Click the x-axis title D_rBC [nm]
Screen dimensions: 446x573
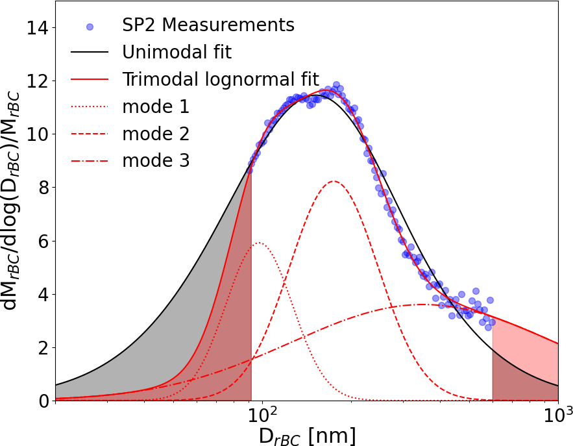pyautogui.click(x=307, y=436)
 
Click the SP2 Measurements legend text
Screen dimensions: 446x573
pyautogui.click(x=208, y=25)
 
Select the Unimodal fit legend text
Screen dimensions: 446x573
pyautogui.click(x=177, y=52)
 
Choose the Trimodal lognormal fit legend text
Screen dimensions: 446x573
pyautogui.click(x=220, y=79)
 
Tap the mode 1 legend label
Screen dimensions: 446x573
pyautogui.click(x=156, y=106)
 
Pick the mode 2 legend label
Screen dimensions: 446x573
pyautogui.click(x=156, y=134)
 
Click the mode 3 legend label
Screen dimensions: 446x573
pyautogui.click(x=156, y=160)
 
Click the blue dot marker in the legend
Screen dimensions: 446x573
pyautogui.click(x=90, y=27)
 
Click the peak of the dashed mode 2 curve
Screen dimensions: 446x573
pyautogui.click(x=334, y=181)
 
